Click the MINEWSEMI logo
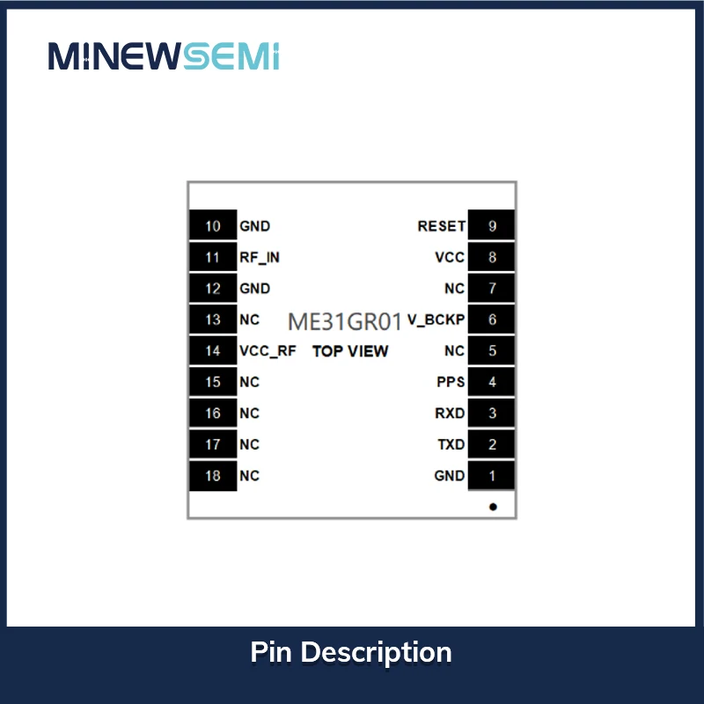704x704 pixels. click(164, 55)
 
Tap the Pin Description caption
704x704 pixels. click(351, 652)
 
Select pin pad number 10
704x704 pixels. click(213, 226)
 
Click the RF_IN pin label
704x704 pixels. click(260, 258)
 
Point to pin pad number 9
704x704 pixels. click(492, 226)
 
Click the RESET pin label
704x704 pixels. click(441, 226)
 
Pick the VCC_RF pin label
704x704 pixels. click(268, 351)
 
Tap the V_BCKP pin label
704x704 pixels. click(436, 320)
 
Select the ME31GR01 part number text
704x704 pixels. click(345, 320)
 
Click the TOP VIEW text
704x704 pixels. click(350, 351)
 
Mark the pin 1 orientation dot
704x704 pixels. click(493, 507)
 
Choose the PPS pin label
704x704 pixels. click(451, 382)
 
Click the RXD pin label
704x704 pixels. click(450, 413)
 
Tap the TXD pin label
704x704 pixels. click(451, 444)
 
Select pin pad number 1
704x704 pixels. click(492, 476)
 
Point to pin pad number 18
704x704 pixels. click(213, 476)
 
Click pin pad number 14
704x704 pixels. click(213, 351)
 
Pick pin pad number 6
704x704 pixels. click(492, 320)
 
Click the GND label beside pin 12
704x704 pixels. click(254, 289)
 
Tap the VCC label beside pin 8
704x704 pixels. click(449, 258)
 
